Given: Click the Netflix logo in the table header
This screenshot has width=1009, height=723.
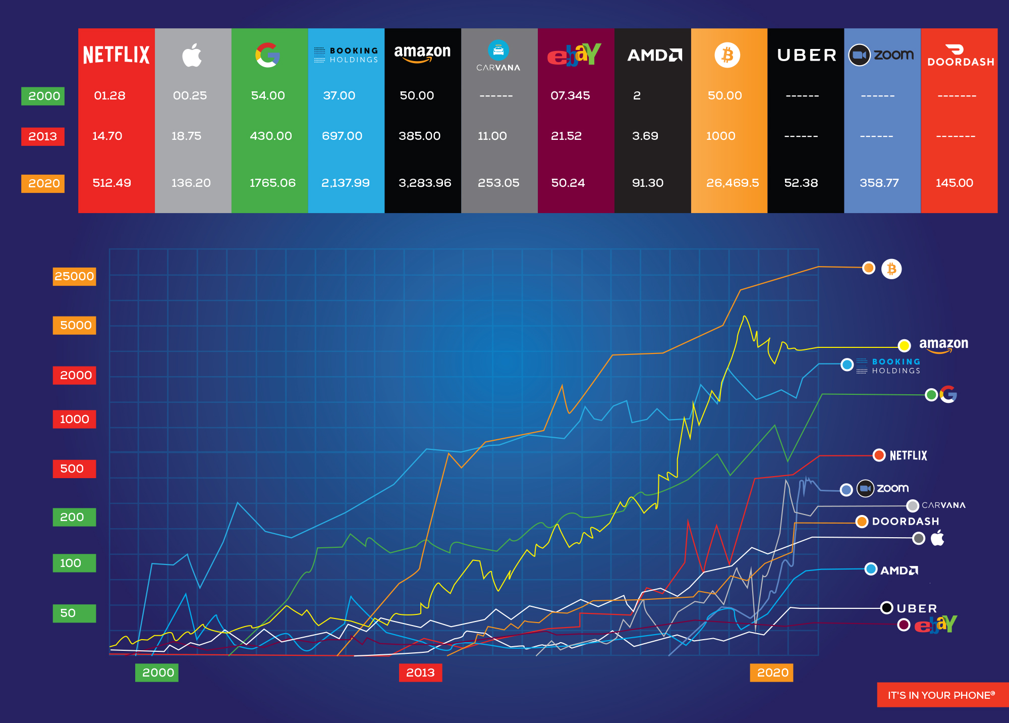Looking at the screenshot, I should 116,55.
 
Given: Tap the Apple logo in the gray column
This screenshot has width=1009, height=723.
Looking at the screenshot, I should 192,55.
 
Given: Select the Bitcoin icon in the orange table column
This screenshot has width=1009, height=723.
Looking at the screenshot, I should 727,55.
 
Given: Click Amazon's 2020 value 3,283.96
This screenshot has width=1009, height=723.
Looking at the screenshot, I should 425,183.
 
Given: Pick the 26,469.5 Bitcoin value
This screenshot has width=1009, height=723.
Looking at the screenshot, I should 732,183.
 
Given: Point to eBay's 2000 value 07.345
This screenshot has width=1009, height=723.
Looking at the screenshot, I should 570,95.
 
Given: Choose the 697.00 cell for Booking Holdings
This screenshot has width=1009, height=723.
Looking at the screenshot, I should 342,136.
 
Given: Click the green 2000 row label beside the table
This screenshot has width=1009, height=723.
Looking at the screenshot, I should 43,96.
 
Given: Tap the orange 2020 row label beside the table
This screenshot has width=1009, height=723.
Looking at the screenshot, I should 43,183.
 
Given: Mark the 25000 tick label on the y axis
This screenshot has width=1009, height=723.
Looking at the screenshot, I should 74,276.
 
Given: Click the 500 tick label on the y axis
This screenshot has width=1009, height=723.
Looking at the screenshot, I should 74,469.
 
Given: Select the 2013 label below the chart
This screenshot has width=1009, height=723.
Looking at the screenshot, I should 420,673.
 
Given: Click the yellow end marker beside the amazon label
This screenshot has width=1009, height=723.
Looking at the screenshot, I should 904,345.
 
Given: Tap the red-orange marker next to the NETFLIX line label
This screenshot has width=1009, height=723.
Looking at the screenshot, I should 879,455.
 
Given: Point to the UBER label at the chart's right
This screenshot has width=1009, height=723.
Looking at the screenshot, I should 917,608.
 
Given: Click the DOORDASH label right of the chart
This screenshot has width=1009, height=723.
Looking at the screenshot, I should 906,521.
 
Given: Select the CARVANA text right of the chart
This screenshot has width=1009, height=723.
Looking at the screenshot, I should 943,505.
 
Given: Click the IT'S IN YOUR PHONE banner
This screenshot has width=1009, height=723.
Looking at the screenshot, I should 941,695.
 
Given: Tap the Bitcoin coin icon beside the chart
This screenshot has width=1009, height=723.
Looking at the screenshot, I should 891,269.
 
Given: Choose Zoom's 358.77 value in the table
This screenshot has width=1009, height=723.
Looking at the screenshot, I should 879,183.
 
